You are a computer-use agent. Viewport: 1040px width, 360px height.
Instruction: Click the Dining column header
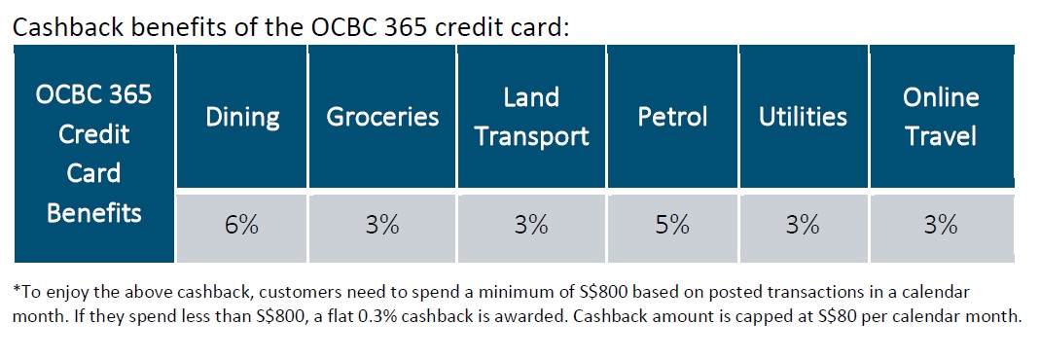[242, 118]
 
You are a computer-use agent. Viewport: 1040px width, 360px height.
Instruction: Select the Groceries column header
[382, 118]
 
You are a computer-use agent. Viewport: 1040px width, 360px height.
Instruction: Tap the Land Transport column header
[531, 117]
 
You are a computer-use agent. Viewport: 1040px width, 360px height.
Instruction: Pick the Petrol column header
[672, 118]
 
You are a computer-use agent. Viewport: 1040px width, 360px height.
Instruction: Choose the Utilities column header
[803, 118]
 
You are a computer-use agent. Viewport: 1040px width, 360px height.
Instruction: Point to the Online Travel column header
[941, 117]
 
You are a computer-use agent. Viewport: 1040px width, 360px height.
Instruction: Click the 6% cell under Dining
[242, 226]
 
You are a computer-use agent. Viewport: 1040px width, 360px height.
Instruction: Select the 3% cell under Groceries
[382, 226]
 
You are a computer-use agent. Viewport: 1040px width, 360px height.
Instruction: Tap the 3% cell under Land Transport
[531, 226]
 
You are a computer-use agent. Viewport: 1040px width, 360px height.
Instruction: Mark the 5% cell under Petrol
[672, 226]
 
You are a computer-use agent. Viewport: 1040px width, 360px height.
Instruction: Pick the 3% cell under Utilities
[803, 226]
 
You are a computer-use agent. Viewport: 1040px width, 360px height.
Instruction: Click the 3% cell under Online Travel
[941, 226]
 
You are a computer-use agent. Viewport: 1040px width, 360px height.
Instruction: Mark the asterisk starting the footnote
[17, 291]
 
